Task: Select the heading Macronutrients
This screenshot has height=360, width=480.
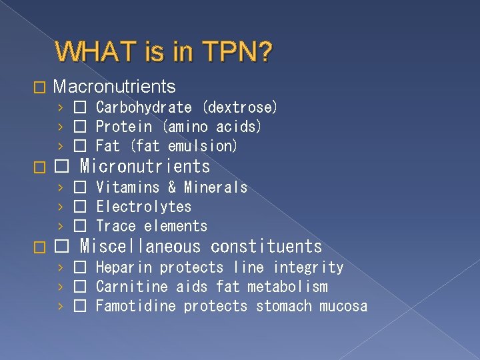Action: click(x=114, y=87)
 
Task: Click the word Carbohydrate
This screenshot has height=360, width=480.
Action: click(x=143, y=107)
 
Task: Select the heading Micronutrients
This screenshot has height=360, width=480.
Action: click(x=145, y=167)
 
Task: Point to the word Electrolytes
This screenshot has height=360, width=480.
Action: click(x=143, y=207)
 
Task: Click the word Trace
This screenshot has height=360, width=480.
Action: click(x=115, y=227)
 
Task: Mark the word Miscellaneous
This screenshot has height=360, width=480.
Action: click(x=140, y=247)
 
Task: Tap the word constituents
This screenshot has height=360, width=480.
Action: click(x=266, y=247)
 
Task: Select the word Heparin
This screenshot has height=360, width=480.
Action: click(x=124, y=268)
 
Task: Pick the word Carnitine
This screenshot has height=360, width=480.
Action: click(x=132, y=287)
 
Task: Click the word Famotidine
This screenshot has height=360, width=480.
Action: click(x=136, y=307)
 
